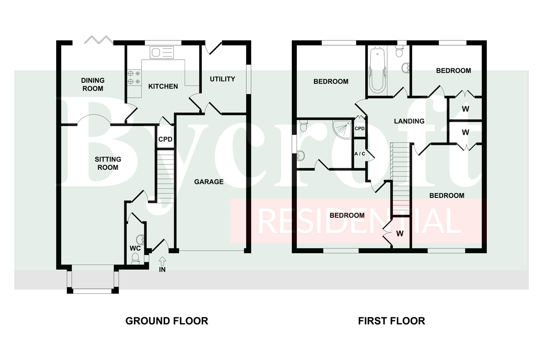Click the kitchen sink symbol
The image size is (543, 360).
pos(162,53)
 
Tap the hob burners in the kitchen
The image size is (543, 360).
pos(134,77)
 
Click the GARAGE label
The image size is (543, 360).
pos(209,182)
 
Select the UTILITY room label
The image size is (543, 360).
pos(222,79)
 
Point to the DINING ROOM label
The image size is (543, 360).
pos(93,84)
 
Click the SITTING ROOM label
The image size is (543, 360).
pos(108,163)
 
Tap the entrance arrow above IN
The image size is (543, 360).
pos(162,261)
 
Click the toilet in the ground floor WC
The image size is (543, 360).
pos(135,258)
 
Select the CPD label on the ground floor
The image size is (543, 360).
pos(165,139)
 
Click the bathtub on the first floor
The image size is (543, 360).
pos(377,70)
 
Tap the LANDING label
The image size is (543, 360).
pos(409,121)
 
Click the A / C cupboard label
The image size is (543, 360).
pos(360,154)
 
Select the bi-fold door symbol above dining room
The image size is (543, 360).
pos(99,40)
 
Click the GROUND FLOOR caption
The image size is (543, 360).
pos(167,321)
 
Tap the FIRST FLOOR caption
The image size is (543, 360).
pos(391,321)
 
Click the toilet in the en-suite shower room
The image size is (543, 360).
pos(303,125)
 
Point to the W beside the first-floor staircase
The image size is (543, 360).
pos(400,234)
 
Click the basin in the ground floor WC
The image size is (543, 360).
pos(141,240)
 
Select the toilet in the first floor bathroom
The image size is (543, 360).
pos(399,52)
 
